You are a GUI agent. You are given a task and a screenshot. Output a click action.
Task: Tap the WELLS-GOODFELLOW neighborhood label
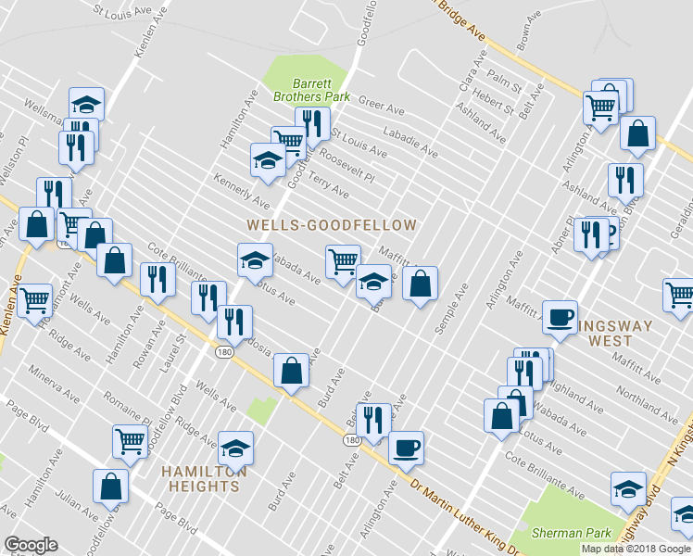pos(332,225)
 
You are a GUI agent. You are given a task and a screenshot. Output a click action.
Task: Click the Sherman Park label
pos(571,533)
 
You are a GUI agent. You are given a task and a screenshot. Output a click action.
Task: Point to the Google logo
pos(31,545)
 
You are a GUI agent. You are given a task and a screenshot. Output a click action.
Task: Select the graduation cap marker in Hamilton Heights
pos(236,449)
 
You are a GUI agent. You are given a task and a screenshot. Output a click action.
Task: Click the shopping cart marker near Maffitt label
pos(343,260)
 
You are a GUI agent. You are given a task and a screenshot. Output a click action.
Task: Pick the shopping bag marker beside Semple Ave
pos(421,284)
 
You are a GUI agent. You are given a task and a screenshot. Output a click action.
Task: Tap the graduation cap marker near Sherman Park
pos(628,487)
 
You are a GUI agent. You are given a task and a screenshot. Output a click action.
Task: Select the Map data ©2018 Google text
pos(635,549)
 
